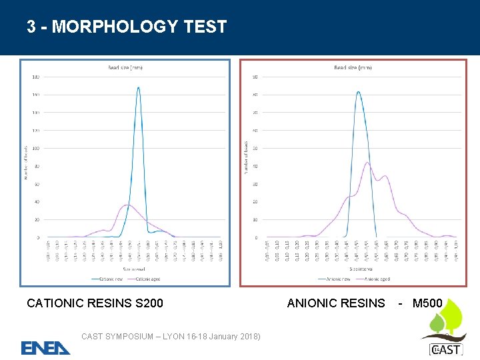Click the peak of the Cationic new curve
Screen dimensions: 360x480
138,87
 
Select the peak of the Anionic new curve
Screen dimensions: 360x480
359,92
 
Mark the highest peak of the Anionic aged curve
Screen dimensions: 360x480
367,162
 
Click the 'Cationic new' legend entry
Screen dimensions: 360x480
109,279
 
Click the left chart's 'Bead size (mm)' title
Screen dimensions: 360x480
125,67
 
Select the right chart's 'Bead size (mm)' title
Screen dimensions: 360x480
353,67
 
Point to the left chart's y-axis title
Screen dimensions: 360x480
26,162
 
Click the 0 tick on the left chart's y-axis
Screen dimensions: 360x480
38,237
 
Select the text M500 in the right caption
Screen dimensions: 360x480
427,303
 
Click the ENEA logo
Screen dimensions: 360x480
45,348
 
